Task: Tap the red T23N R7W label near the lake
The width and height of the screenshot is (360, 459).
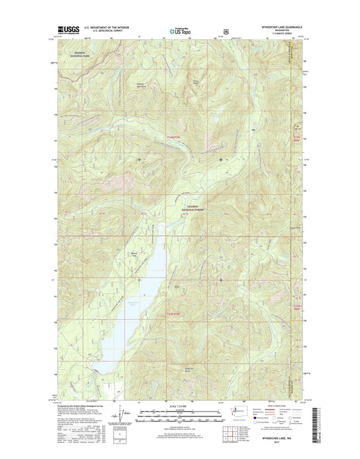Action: tap(174, 314)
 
